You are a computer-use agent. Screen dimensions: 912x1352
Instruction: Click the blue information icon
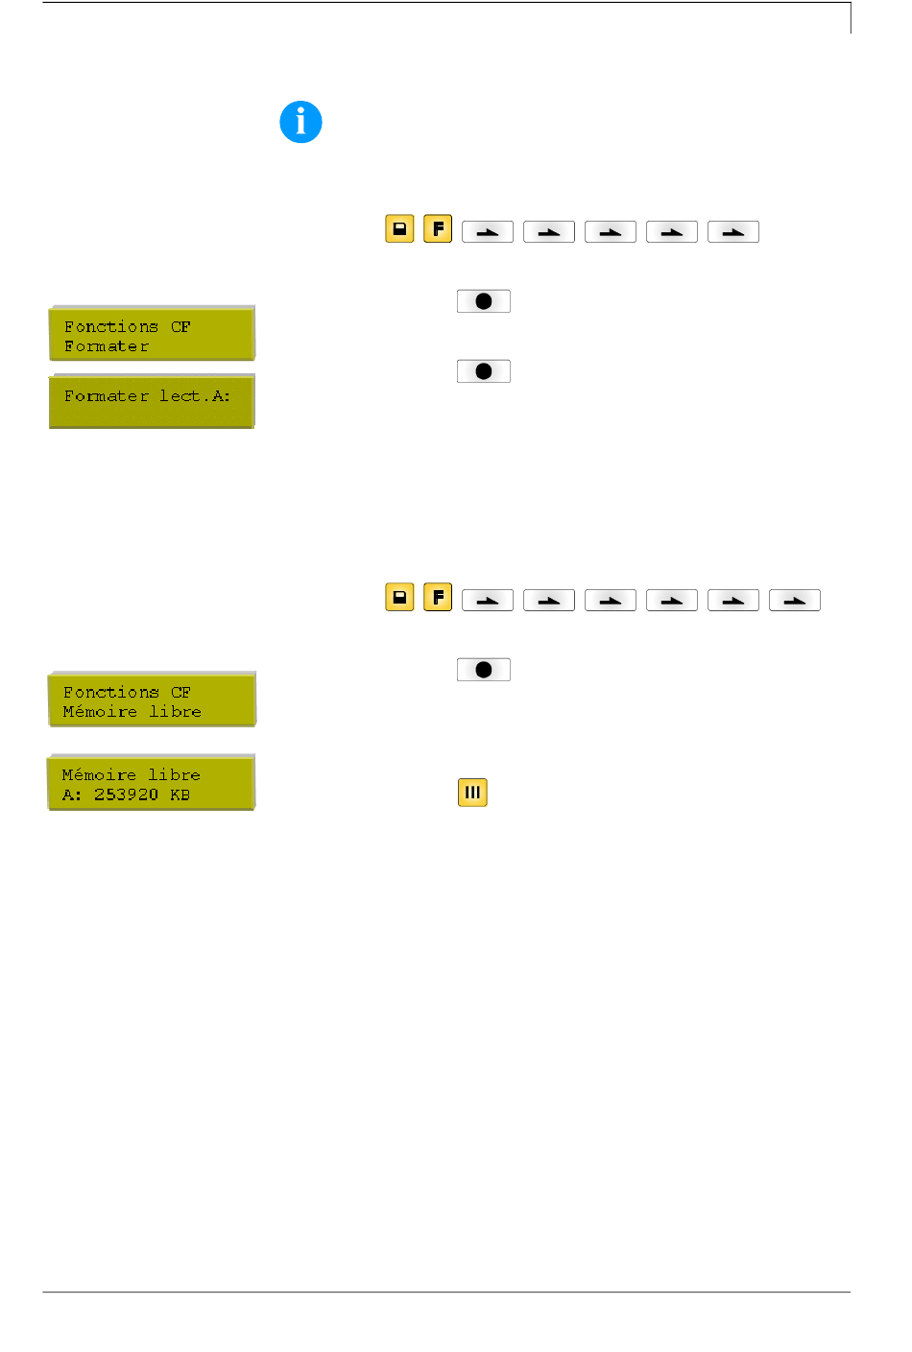tap(300, 123)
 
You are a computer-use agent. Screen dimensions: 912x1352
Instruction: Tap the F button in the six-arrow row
tap(438, 598)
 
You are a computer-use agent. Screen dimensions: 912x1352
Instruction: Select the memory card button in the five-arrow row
tap(399, 229)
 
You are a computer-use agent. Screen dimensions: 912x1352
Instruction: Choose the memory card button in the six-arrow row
tap(399, 598)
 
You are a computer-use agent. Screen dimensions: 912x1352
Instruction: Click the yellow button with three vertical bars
tap(472, 793)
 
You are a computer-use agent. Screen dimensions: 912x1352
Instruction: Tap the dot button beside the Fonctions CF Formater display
tap(484, 301)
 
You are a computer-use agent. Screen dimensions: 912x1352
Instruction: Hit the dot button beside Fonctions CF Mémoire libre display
tap(484, 670)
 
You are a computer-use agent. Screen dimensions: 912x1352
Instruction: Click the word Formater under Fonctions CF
tap(107, 346)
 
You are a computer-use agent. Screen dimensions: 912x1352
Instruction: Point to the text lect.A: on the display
tap(195, 395)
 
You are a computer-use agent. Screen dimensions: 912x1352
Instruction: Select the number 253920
tap(126, 795)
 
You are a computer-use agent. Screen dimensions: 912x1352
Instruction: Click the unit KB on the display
tap(180, 795)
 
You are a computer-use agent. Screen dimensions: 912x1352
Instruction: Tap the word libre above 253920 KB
tap(174, 774)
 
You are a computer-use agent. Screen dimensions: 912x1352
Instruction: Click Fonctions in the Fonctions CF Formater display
tap(110, 326)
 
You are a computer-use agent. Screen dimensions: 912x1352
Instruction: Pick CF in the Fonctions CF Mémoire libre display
tap(180, 692)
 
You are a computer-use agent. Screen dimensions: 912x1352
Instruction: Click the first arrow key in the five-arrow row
tap(488, 232)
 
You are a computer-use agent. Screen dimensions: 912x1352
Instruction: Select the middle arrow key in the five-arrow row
tap(611, 232)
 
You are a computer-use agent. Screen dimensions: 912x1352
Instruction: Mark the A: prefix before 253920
tap(72, 795)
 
